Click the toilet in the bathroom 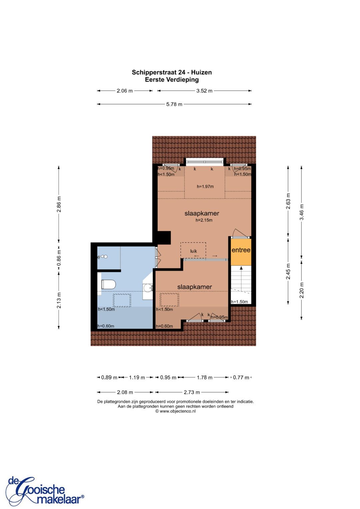[108, 284]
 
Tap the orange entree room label [241, 250]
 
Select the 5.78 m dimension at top [174, 104]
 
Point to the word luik [193, 251]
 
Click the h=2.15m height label [204, 220]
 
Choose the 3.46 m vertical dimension [301, 212]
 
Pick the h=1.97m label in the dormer [205, 187]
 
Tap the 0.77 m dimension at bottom [241, 377]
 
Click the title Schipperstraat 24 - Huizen [172, 72]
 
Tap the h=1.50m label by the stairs [239, 302]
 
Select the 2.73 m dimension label [192, 392]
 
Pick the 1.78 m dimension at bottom [204, 377]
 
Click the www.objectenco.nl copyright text [175, 411]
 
